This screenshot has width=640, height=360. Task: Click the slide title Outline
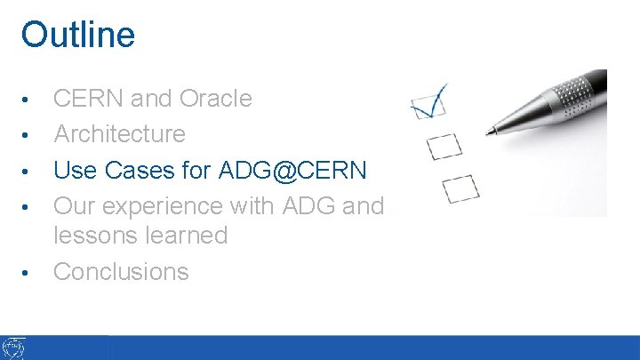(x=78, y=35)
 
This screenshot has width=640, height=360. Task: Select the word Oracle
(x=216, y=99)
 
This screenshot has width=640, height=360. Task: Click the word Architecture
(x=119, y=134)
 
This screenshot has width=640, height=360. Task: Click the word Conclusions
(x=121, y=272)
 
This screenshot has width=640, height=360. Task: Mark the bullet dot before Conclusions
(x=28, y=273)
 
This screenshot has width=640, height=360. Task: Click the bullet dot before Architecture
(x=28, y=135)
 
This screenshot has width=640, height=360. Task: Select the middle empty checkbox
(x=444, y=145)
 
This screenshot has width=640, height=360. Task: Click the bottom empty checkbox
(x=460, y=187)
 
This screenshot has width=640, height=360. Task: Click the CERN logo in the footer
(x=14, y=348)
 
